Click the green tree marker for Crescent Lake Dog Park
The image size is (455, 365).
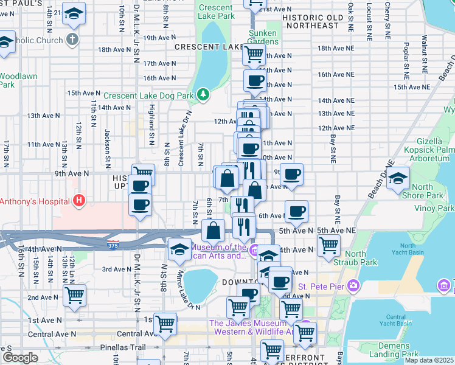(x=203, y=94)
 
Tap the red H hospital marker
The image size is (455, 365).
(x=77, y=200)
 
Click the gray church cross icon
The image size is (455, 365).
(x=72, y=40)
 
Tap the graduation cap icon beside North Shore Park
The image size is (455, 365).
(x=398, y=178)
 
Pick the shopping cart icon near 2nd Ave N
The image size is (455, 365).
(x=74, y=296)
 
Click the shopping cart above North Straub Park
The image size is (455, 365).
(x=328, y=245)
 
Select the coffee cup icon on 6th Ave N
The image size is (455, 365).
(x=296, y=211)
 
